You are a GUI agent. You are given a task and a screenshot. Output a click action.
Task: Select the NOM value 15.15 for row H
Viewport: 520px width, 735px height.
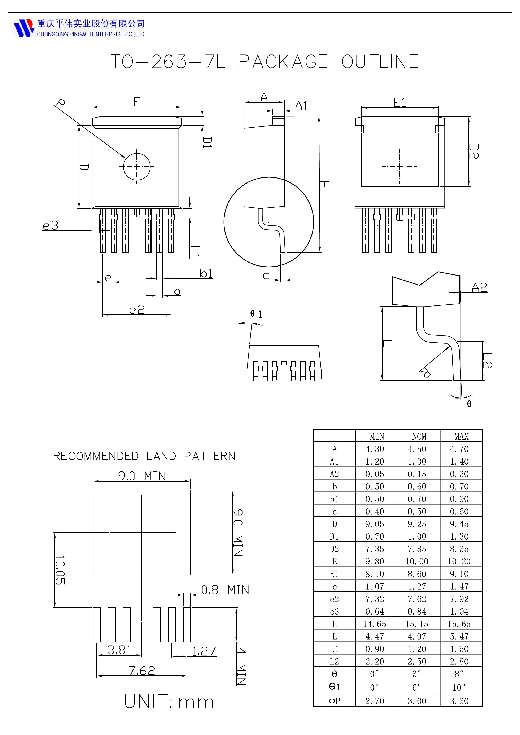click(417, 624)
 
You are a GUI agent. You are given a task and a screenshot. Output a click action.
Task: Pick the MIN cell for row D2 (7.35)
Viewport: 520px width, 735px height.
click(375, 549)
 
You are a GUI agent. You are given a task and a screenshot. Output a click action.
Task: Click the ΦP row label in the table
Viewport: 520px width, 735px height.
click(334, 701)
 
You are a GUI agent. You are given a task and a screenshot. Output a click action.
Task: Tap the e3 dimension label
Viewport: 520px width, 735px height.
click(51, 226)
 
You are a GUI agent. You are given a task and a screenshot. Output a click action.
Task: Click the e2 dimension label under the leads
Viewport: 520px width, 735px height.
click(137, 309)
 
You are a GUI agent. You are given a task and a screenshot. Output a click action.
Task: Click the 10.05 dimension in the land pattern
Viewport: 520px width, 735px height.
click(60, 570)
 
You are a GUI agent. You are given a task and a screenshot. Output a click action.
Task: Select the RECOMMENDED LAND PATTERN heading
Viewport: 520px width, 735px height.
click(144, 456)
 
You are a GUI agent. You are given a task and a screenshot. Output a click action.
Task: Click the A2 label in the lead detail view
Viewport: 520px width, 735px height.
click(479, 287)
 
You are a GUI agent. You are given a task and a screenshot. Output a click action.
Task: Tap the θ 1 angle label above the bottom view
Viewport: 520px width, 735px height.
click(256, 314)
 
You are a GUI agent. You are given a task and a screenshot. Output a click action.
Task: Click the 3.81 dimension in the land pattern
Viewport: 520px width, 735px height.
click(119, 650)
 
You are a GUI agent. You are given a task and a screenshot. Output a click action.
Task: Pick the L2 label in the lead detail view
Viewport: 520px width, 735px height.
click(487, 360)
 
